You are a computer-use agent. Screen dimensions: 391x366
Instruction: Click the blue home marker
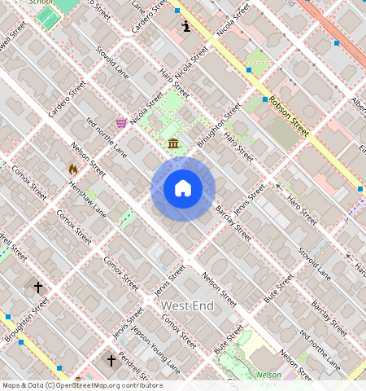click(183, 189)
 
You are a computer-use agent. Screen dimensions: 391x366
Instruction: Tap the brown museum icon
click(173, 144)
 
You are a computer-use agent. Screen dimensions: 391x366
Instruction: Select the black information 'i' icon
click(186, 26)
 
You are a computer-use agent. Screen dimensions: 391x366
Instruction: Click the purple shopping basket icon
click(121, 122)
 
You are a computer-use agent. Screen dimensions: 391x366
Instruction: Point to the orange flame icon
click(73, 169)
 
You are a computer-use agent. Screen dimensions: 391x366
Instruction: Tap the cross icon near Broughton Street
click(37, 287)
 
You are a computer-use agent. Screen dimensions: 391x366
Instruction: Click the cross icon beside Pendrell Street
click(111, 359)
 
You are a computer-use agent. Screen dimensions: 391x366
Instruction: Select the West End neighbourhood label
click(187, 305)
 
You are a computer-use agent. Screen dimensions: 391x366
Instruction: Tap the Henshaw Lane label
click(88, 200)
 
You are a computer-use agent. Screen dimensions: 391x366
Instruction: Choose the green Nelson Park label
click(269, 375)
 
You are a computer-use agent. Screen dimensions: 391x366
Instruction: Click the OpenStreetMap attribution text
click(81, 385)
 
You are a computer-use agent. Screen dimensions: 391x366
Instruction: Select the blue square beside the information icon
click(177, 11)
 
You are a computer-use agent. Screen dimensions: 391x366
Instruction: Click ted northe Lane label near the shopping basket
click(107, 138)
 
